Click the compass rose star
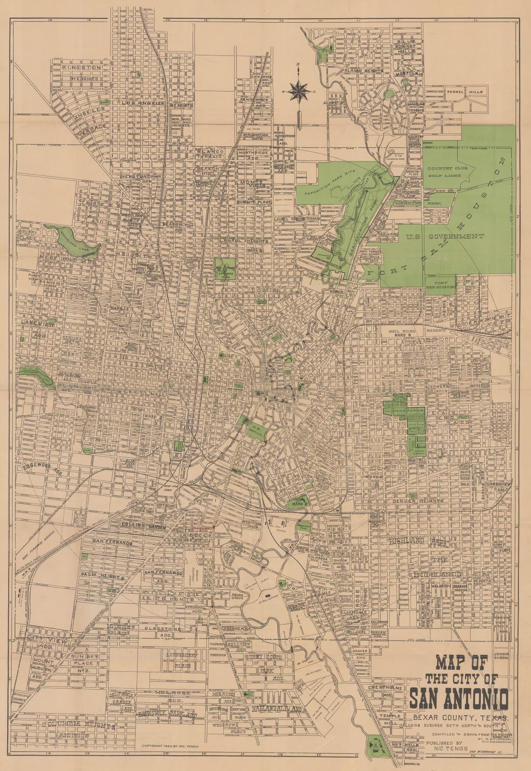(299, 90)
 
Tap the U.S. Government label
(445, 236)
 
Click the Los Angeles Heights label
(157, 103)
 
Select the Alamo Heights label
(363, 71)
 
